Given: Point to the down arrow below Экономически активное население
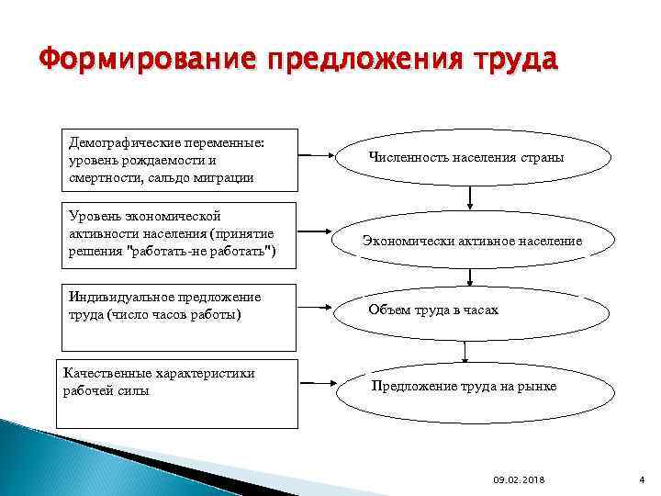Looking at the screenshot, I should [470, 276].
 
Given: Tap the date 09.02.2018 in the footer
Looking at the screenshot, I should [518, 479].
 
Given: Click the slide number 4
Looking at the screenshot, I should [642, 479].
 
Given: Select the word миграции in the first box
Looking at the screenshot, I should [219, 176].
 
